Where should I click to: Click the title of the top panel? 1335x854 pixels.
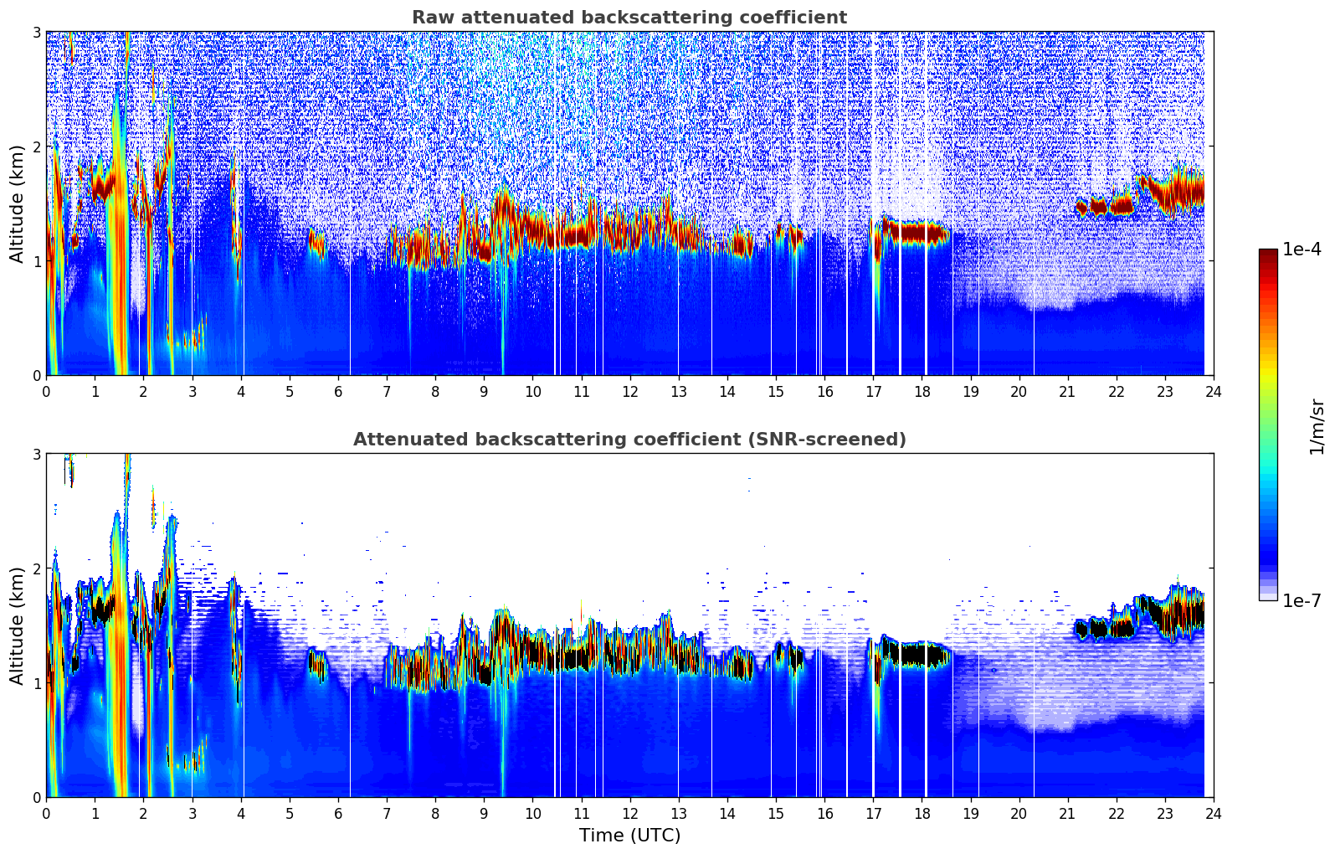coord(629,18)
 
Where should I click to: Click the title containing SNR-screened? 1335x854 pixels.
coord(629,440)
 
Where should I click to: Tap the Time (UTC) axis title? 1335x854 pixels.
coord(629,835)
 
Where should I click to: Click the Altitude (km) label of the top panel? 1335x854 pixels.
coord(17,203)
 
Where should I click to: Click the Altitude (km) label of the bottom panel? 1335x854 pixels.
coord(17,625)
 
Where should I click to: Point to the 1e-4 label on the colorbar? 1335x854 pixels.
coord(1302,250)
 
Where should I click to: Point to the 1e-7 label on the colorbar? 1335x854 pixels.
coord(1302,600)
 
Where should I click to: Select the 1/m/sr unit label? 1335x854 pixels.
coord(1317,425)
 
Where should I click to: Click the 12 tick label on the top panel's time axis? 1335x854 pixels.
coord(629,391)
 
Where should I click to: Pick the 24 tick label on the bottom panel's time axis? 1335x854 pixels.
coord(1213,813)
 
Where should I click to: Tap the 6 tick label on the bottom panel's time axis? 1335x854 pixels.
coord(338,813)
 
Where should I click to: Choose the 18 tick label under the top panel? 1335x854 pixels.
coord(922,391)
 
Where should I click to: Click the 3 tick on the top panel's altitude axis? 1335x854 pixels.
coord(37,32)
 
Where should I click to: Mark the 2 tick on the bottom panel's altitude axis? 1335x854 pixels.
coord(37,568)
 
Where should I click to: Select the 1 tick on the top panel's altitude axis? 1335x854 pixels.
coord(37,261)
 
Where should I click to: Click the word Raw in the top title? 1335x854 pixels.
coord(430,18)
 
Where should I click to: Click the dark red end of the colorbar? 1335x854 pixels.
coord(1267,254)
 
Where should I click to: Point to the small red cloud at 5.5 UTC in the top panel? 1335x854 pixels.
coord(316,243)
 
